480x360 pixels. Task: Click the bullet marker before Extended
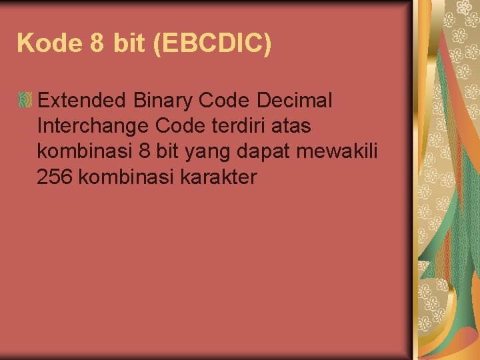[x=25, y=101]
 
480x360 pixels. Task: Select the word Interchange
[x=93, y=126]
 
